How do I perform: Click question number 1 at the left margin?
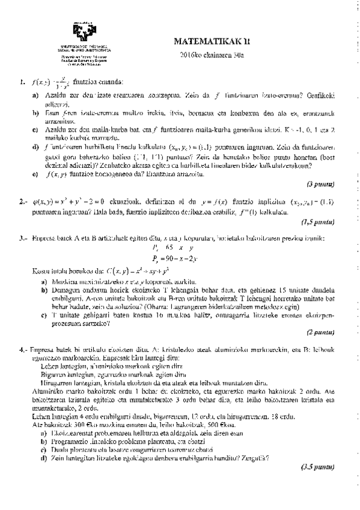point(22,82)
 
